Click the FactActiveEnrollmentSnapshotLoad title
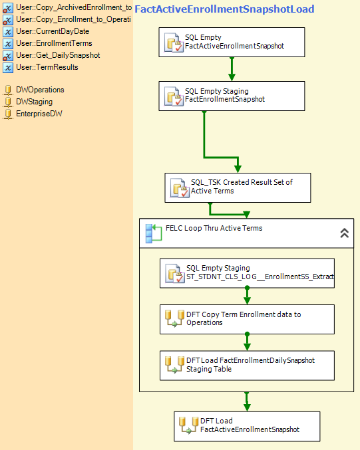pos(224,9)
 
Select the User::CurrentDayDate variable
pos(53,31)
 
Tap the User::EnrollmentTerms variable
pos(54,43)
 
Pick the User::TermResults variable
pos(47,67)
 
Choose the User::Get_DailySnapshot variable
pos(58,55)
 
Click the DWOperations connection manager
pos(40,90)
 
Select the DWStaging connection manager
pos(34,102)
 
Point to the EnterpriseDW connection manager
pos(39,114)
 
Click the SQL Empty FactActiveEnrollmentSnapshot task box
pos(232,42)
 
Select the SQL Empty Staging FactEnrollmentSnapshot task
pos(232,96)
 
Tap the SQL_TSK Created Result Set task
pos(238,187)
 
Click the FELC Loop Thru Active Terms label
pos(214,228)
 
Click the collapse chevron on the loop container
pos(345,233)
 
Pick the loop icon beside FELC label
pos(154,233)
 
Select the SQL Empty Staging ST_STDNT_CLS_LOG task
pos(247,273)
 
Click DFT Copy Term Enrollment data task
pos(247,320)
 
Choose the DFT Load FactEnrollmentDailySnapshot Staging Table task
pos(247,366)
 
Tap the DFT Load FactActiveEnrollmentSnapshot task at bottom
pos(247,427)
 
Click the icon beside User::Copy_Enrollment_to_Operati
pos(8,20)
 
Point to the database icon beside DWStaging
pos(8,102)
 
